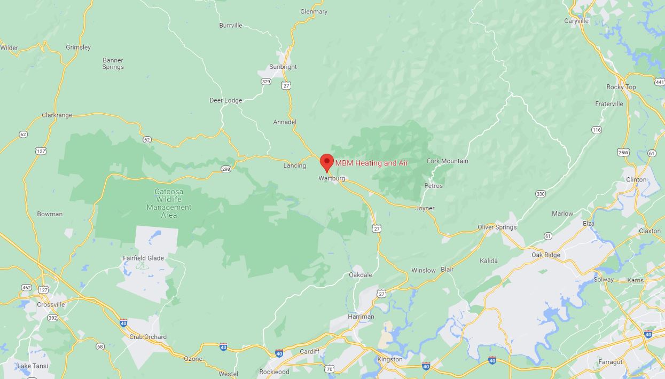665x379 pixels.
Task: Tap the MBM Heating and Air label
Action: (x=371, y=163)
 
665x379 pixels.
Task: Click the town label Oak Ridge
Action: (x=546, y=255)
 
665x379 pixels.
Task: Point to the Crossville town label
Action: (x=51, y=305)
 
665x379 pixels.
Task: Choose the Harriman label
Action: (x=361, y=317)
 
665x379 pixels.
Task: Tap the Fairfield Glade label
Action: (x=143, y=258)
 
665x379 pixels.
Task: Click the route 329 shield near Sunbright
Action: (x=266, y=82)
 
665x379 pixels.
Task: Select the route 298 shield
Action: (x=226, y=169)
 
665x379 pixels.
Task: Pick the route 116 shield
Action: (x=597, y=130)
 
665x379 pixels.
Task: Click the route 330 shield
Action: (x=541, y=194)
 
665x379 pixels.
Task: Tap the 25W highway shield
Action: (x=623, y=152)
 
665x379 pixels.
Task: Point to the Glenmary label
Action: (x=314, y=11)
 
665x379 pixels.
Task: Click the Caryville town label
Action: (x=576, y=21)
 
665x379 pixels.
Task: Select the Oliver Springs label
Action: (x=497, y=227)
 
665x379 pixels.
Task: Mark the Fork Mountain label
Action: (x=447, y=161)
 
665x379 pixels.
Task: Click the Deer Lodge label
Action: (x=225, y=100)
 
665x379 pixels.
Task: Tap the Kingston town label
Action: (x=390, y=359)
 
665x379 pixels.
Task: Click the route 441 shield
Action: (x=659, y=82)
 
